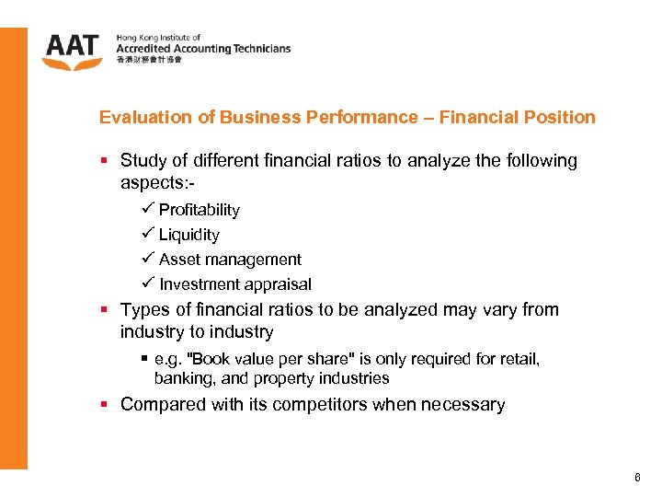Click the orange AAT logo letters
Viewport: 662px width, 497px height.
coord(72,47)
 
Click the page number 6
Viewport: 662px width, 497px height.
coord(636,478)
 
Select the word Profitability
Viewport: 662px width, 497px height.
coord(199,210)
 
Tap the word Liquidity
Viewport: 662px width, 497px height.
coord(188,235)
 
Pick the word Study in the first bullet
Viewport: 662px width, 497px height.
coord(142,161)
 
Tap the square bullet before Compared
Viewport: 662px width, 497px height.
coord(105,404)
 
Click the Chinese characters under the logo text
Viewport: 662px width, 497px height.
coord(149,60)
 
